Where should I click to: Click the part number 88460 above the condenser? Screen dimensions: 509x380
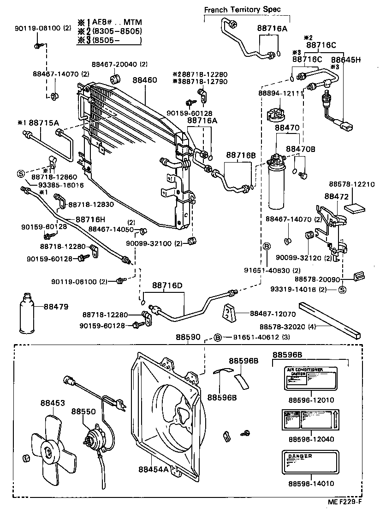tap(145, 80)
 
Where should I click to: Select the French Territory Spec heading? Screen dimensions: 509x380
tap(242, 9)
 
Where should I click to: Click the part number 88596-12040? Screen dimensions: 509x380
tap(311, 439)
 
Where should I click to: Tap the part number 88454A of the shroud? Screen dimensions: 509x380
tap(154, 469)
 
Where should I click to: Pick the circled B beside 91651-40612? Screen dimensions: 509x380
tap(219, 338)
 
